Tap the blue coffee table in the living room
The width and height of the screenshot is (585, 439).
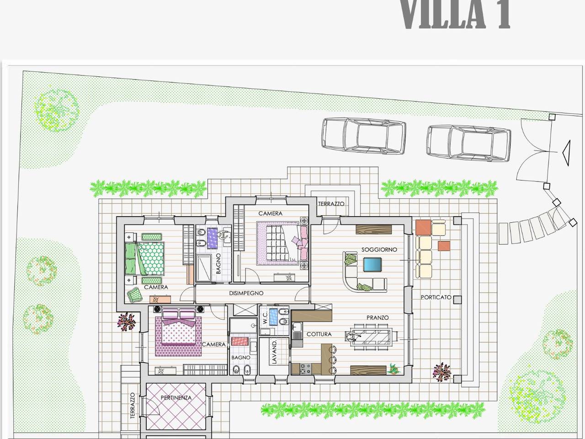pos(372,264)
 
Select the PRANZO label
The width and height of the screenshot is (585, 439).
pos(378,318)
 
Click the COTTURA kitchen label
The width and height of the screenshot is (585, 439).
pos(319,334)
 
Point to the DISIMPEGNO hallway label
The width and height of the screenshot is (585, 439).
pos(246,293)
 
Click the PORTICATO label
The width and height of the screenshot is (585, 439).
pos(436,297)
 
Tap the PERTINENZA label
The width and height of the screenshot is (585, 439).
pos(176,398)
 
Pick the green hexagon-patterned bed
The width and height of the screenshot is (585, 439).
pos(145,258)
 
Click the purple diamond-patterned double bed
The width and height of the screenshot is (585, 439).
pos(178,332)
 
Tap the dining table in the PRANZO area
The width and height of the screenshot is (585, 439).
pos(372,337)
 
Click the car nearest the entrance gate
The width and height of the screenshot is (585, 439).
pos(469,144)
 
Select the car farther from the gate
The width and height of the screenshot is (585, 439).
pos(364,136)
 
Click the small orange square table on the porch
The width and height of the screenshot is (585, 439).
pos(444,246)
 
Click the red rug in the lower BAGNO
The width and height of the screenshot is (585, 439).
pos(240,342)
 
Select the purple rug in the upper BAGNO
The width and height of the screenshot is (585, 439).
pos(213,238)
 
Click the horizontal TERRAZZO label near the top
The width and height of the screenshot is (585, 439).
pos(331,204)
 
